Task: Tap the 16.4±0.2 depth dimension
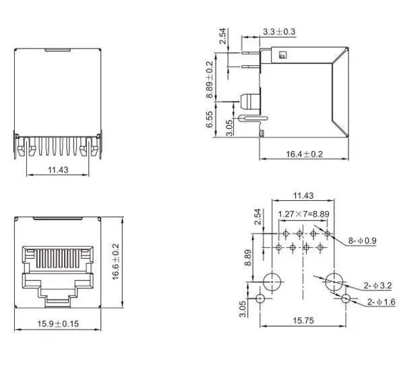coord(304,154)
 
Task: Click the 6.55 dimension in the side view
coord(209,121)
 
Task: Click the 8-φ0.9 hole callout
coord(363,241)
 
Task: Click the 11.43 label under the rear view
coord(59,170)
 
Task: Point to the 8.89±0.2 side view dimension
coord(210,80)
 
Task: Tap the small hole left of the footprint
coord(261,298)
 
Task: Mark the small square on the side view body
coord(282,55)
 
